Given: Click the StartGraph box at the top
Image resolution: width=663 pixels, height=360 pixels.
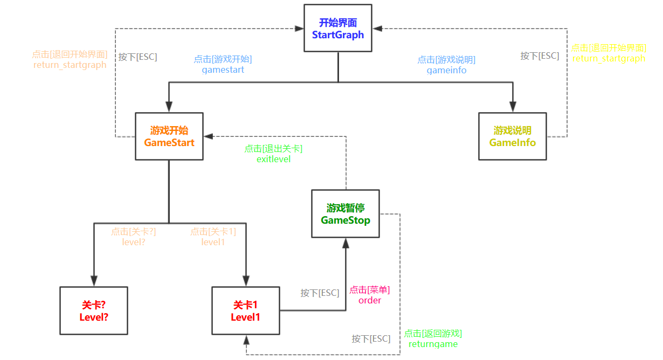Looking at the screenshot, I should pyautogui.click(x=338, y=28).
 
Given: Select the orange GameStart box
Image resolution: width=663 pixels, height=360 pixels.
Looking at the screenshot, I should pyautogui.click(x=169, y=136).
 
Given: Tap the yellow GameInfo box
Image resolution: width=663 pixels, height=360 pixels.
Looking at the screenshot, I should pyautogui.click(x=513, y=136).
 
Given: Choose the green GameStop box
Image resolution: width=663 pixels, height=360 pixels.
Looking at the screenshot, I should pyautogui.click(x=346, y=213).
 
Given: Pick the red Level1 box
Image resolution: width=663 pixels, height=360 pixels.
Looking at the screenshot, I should pyautogui.click(x=246, y=311).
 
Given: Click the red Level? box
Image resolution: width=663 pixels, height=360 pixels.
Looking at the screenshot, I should pyautogui.click(x=94, y=311).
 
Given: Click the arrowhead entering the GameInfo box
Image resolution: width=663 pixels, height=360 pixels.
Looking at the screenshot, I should pyautogui.click(x=513, y=108).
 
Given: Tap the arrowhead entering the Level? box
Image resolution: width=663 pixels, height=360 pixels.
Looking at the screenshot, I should pyautogui.click(x=94, y=281).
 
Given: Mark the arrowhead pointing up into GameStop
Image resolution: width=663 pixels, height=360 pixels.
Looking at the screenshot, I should pyautogui.click(x=346, y=242).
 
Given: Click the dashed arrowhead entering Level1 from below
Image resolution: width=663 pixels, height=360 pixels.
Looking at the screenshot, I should pyautogui.click(x=246, y=340).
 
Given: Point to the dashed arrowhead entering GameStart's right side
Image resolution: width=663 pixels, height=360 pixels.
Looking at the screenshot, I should pyautogui.click(x=208, y=136).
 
